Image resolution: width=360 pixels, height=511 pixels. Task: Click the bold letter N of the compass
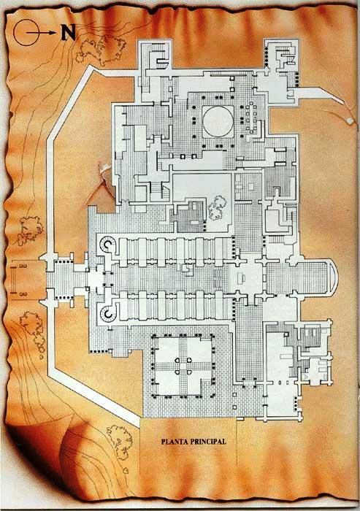click(68, 33)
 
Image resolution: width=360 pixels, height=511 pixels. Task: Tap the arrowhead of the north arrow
click(52, 33)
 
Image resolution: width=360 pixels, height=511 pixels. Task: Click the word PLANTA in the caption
click(175, 442)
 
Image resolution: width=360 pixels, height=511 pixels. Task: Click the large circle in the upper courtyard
click(218, 122)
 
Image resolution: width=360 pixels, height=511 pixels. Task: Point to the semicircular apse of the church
click(333, 277)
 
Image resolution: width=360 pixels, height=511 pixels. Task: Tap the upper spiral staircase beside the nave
click(107, 245)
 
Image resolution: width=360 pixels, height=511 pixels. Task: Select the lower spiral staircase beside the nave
click(107, 313)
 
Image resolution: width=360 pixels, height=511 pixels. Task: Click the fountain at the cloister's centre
click(183, 366)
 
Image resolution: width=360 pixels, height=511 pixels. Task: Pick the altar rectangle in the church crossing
click(242, 277)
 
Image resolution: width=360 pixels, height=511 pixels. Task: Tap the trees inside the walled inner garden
click(217, 207)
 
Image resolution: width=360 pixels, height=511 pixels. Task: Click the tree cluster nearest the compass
click(101, 50)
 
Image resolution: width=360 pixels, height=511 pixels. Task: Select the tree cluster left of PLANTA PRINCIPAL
click(119, 442)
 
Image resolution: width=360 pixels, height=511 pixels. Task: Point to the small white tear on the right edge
click(350, 121)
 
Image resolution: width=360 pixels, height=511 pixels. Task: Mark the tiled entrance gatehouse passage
click(66, 277)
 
